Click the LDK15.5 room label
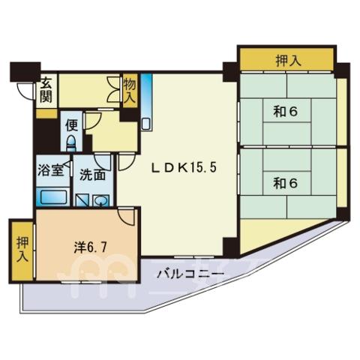pyautogui.click(x=184, y=167)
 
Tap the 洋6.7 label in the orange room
pyautogui.click(x=91, y=247)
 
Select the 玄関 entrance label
pyautogui.click(x=46, y=90)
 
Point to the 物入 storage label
pyautogui.click(x=130, y=90)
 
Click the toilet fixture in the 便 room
pyautogui.click(x=71, y=143)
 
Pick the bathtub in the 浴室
pyautogui.click(x=52, y=196)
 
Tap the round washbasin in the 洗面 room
pyautogui.click(x=101, y=200)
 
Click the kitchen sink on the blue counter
pyautogui.click(x=145, y=124)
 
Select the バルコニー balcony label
pyautogui.click(x=190, y=275)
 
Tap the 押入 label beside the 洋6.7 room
pyautogui.click(x=22, y=250)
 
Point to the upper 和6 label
pyautogui.click(x=286, y=112)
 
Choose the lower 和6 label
pyautogui.click(x=286, y=183)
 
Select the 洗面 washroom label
pyautogui.click(x=92, y=175)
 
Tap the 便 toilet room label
pyautogui.click(x=71, y=125)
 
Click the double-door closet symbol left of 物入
pyautogui.click(x=114, y=89)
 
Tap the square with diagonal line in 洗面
pyautogui.click(x=82, y=200)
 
